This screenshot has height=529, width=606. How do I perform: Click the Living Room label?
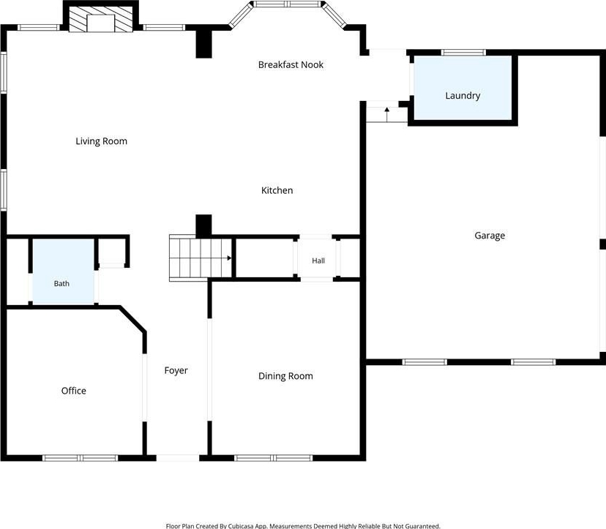101,141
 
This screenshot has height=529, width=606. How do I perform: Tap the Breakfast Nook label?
291,64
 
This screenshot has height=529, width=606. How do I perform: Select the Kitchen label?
277,190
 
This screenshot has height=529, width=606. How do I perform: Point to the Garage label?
490,236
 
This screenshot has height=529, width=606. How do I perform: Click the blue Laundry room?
463,88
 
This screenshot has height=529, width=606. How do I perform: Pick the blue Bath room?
63,271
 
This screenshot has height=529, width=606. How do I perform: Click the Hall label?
318,260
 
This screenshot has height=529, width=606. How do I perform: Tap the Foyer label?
176,370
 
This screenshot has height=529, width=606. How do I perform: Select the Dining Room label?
285,376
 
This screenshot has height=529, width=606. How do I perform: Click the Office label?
73,391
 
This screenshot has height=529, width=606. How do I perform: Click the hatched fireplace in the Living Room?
101,19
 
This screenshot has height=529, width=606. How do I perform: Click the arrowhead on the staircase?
229,258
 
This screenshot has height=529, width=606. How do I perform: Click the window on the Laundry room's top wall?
463,53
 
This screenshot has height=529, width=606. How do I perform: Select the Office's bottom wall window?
80,458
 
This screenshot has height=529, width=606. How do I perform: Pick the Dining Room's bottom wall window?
273,458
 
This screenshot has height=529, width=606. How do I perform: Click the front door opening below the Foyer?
178,458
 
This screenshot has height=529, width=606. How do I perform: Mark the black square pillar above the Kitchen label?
203,44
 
